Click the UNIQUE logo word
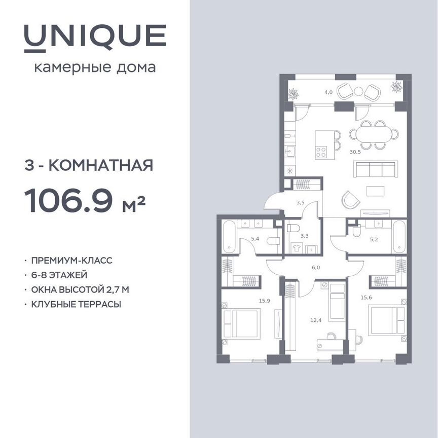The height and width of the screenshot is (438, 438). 95,37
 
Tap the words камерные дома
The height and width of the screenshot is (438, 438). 95,67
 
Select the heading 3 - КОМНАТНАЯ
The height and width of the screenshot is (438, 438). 88,165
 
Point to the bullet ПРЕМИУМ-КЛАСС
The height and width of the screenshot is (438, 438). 71,261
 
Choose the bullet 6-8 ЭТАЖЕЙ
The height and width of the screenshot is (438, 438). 59,275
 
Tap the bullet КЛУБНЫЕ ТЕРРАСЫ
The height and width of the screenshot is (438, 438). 76,304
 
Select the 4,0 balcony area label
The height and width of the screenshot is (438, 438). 328,92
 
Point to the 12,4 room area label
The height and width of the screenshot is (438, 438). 316,320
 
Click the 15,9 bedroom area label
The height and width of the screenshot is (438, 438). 264,301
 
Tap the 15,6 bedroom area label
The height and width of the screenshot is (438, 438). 367,298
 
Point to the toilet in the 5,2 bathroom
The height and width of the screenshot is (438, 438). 356,232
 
